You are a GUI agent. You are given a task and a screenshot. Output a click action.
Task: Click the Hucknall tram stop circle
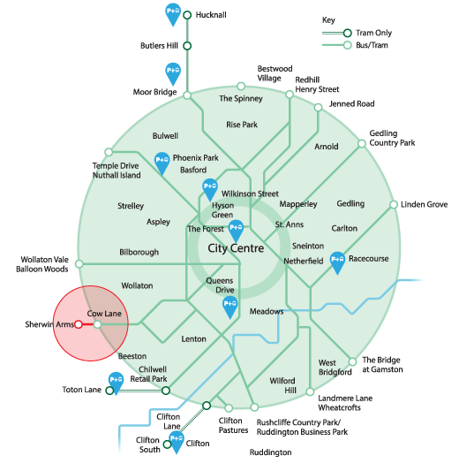tap(187, 15)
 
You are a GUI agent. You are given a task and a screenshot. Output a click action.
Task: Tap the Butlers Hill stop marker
tap(187, 46)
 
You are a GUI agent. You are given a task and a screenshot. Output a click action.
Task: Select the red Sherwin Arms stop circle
tap(79, 324)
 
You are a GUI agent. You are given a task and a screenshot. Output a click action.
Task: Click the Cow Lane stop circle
tap(97, 324)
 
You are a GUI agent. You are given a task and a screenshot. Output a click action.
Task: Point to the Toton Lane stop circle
tap(109, 391)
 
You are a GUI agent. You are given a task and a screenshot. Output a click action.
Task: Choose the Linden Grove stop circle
tap(394, 204)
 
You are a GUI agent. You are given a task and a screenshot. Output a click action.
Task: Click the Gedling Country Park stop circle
tap(362, 143)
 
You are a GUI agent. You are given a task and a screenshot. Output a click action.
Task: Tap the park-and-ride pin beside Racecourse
tap(337, 262)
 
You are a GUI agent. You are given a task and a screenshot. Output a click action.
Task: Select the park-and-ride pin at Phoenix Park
tap(162, 163)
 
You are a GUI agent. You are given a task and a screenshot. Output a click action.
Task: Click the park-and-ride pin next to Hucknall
tap(173, 14)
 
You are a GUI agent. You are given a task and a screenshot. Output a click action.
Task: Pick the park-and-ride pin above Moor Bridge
tap(173, 74)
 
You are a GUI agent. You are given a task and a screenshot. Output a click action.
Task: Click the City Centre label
tap(236, 248)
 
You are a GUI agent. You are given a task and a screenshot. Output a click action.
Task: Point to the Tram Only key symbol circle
tap(348, 33)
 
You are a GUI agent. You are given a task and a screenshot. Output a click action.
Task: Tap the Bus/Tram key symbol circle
tap(348, 45)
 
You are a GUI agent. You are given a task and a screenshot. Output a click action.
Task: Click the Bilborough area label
tap(139, 252)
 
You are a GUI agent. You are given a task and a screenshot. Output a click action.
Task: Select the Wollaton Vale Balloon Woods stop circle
tap(79, 264)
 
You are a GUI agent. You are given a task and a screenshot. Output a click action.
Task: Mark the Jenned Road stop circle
tap(318, 107)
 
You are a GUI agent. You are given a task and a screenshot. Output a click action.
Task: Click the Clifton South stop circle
tap(167, 444)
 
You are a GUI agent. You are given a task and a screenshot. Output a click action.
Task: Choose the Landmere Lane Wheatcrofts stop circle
tap(310, 391)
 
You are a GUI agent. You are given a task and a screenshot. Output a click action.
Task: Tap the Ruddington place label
tap(271, 452)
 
